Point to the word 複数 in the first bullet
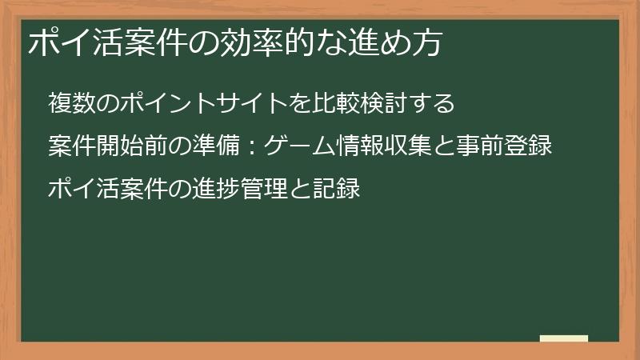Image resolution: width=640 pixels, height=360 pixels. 71,104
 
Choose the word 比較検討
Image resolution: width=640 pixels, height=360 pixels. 359,104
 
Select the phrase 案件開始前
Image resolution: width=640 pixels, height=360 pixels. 108,147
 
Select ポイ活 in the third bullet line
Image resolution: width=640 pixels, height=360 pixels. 83,190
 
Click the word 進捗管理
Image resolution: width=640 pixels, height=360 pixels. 240,190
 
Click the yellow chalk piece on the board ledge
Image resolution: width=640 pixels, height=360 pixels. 564,338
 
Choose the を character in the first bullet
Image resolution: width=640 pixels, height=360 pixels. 300,104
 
